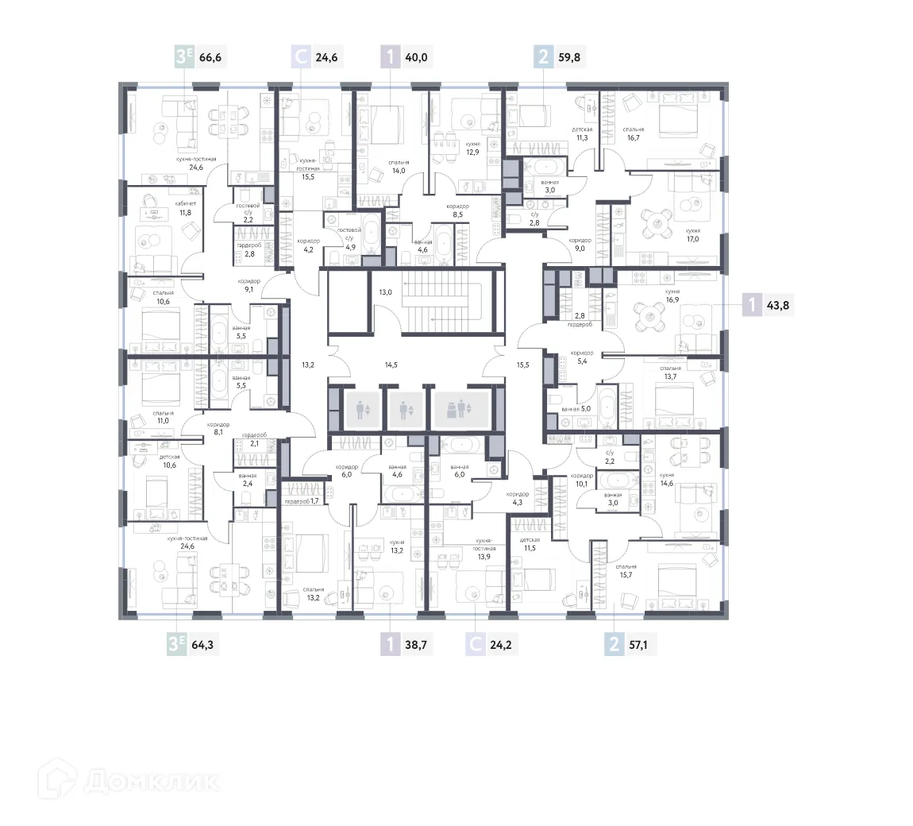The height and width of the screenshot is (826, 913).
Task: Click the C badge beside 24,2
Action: coord(476,644)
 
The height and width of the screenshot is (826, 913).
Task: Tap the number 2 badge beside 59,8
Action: coord(543,57)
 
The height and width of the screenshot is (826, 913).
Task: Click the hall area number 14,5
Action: coord(391,365)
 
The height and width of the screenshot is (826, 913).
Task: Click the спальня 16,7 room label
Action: coord(633,133)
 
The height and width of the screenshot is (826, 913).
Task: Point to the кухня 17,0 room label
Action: coord(693,235)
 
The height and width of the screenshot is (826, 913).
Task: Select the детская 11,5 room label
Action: coord(530,543)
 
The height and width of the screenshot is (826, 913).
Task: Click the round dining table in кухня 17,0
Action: coord(657,226)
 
